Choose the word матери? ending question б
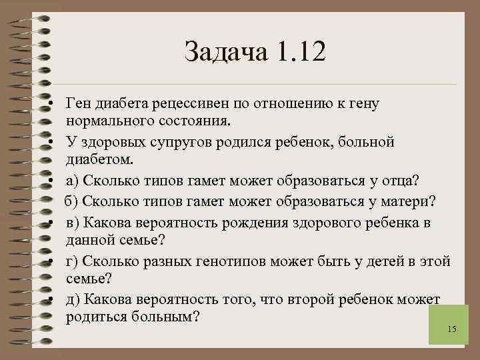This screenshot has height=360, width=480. [408, 201]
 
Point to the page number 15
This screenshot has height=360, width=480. [451, 329]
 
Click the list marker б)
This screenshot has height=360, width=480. [73, 201]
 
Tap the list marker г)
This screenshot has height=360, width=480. [72, 261]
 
